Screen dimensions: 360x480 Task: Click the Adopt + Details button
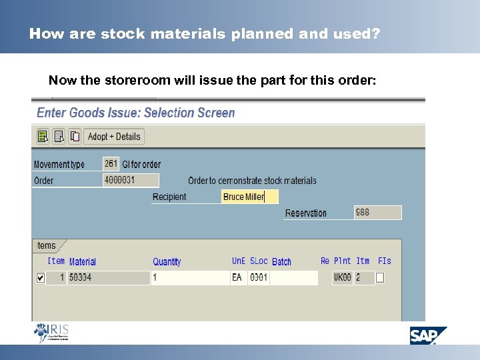114,137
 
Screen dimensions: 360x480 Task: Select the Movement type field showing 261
111,163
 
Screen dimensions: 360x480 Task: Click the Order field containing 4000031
131,180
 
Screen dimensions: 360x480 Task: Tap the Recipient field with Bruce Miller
249,197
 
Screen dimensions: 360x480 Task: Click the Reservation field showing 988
377,213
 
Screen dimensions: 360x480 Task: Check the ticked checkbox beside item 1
41,277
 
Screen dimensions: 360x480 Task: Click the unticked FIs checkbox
380,277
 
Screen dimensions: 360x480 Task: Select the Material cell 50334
109,277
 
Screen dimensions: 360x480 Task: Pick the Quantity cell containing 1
190,277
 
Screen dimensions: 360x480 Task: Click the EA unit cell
238,277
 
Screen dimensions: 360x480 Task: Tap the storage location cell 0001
259,277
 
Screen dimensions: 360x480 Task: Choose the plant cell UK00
342,277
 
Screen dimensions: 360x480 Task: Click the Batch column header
281,262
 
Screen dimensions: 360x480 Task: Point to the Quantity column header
167,262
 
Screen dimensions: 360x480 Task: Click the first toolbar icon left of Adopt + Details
43,137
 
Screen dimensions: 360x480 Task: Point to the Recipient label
169,197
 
